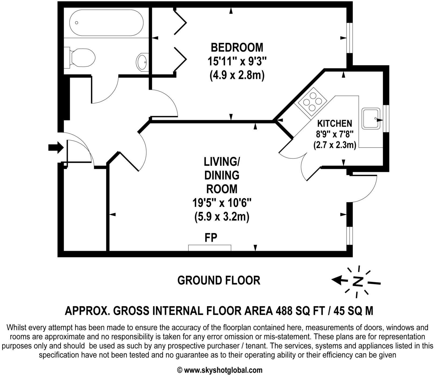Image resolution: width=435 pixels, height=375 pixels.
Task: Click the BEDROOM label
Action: [x=237, y=47]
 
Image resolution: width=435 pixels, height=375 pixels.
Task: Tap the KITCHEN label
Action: [x=335, y=123]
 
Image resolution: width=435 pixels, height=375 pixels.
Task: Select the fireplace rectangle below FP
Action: [x=209, y=248]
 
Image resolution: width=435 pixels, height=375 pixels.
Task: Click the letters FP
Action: [x=211, y=238]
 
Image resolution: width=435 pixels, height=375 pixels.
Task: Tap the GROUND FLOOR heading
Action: [x=219, y=280]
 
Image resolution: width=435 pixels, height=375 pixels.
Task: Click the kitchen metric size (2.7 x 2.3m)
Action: [x=335, y=145]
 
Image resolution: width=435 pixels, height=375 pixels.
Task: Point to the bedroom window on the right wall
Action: [x=349, y=38]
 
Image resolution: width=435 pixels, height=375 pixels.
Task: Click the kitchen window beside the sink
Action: [x=386, y=119]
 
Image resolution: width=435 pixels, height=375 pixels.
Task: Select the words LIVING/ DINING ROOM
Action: [x=222, y=175]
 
